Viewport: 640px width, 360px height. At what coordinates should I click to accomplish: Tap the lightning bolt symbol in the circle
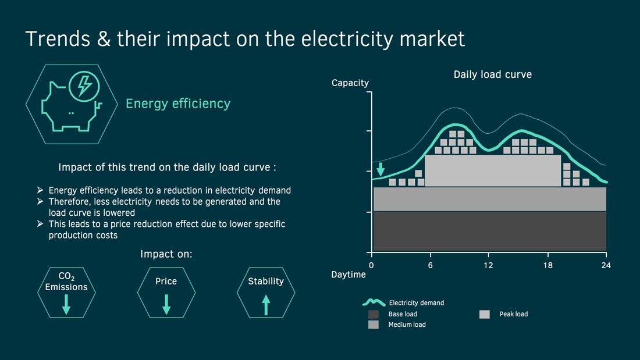click(84, 85)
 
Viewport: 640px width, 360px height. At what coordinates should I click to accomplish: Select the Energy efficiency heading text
click(178, 104)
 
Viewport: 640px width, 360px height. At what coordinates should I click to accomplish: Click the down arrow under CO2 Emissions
click(66, 305)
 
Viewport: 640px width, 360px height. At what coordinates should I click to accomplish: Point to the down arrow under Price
click(166, 305)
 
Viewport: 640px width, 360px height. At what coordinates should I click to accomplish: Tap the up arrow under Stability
click(266, 305)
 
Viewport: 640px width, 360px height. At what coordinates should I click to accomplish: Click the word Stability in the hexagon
click(266, 281)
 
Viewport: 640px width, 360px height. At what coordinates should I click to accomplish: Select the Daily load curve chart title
click(493, 74)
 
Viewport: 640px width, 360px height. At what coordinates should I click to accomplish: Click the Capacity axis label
click(350, 83)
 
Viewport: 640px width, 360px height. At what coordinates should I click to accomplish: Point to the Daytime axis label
click(348, 275)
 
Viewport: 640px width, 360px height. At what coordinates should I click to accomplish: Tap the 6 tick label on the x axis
click(430, 265)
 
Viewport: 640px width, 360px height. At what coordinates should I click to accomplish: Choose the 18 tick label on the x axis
click(547, 265)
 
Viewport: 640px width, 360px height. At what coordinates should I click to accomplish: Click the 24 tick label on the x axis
click(606, 265)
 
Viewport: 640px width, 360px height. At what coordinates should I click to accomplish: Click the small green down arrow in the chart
click(381, 169)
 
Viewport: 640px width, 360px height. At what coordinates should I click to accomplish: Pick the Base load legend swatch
click(374, 314)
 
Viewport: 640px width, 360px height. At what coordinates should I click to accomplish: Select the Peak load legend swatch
click(485, 314)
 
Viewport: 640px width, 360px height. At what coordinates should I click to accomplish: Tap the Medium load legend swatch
click(374, 325)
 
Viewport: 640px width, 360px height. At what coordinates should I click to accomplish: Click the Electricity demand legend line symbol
click(374, 303)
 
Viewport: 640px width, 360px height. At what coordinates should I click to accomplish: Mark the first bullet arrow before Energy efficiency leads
click(40, 190)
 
